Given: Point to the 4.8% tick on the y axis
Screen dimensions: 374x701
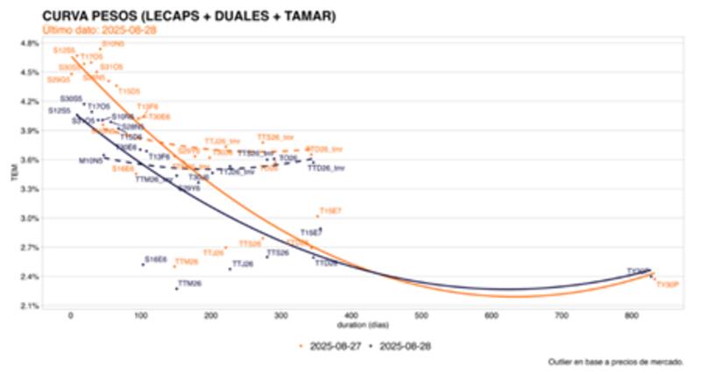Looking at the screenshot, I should tap(29, 43).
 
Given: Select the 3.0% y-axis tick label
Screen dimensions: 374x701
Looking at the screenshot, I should tap(29, 218).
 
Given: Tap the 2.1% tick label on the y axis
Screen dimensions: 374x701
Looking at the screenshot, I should tap(29, 306).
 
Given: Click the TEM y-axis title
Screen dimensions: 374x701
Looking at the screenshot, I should tap(11, 175).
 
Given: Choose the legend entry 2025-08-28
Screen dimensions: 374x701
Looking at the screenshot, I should tap(403, 346).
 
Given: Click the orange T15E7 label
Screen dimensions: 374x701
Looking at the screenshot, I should tap(331, 211).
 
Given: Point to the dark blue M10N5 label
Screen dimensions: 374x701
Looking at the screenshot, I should tap(90, 161).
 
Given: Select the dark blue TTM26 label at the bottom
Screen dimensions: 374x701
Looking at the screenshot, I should tap(189, 284).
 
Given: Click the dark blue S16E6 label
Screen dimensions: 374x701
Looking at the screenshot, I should tap(156, 259).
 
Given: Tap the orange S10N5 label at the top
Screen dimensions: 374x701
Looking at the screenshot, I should tap(113, 43).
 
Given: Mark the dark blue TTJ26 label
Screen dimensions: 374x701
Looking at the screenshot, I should tap(243, 264).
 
